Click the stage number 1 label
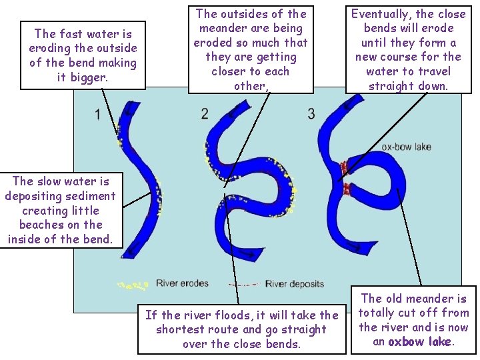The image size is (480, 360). click(x=97, y=114)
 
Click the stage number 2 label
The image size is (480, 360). click(x=205, y=113)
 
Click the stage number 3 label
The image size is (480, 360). click(x=311, y=113)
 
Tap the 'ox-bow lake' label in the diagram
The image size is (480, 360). click(x=407, y=147)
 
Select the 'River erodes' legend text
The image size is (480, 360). click(x=182, y=284)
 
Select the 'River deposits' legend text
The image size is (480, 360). click(x=295, y=284)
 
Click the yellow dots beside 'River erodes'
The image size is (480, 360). click(x=133, y=285)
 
